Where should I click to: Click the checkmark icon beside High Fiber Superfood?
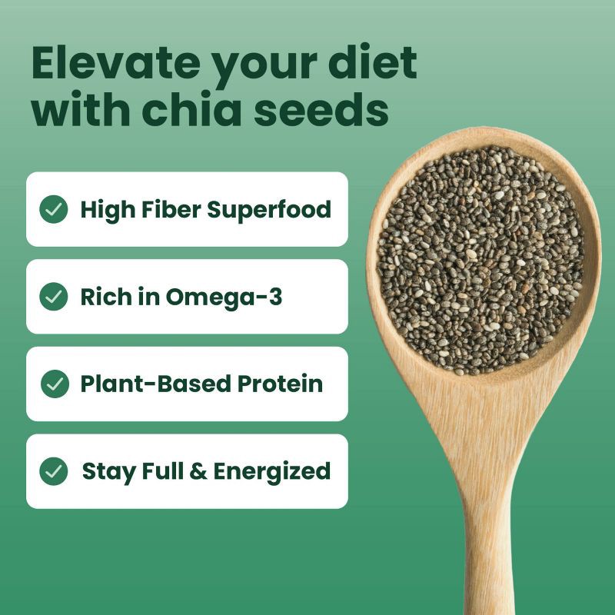tap(53, 209)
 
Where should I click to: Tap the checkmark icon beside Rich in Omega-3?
tap(53, 297)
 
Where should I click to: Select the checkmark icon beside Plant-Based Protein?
tap(53, 384)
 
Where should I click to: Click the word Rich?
tap(103, 297)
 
